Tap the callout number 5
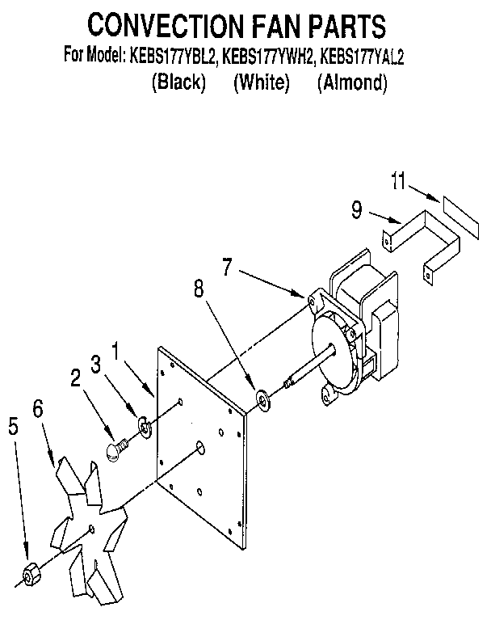click(12, 426)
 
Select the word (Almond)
click(352, 82)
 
